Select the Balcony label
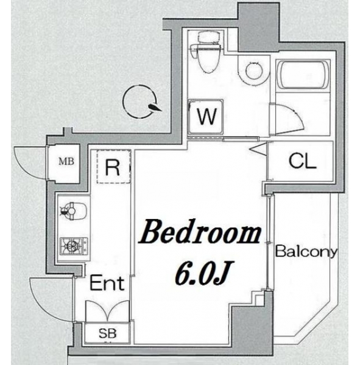306,252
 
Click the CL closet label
302,161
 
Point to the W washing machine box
206,116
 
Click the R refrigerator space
113,167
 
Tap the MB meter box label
66,161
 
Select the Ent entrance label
107,283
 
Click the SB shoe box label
107,333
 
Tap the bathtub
303,74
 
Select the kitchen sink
74,211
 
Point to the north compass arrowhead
155,107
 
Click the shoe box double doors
107,311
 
